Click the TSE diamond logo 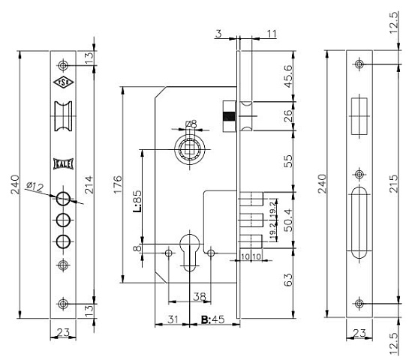(63, 82)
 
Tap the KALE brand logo (63, 164)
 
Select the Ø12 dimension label (35, 187)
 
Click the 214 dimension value (89, 184)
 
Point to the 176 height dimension (118, 184)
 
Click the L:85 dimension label (137, 201)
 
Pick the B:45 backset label (213, 319)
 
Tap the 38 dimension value (200, 297)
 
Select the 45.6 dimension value (288, 76)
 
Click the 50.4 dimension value (288, 220)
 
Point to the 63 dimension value (288, 280)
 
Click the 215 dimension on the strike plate (394, 184)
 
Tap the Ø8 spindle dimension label (191, 124)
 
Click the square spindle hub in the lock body (190, 150)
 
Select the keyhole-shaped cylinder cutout (190, 250)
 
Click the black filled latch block (229, 116)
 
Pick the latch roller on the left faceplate (63, 116)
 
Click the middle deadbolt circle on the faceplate (63, 220)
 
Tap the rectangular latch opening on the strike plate (359, 116)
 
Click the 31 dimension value (173, 319)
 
